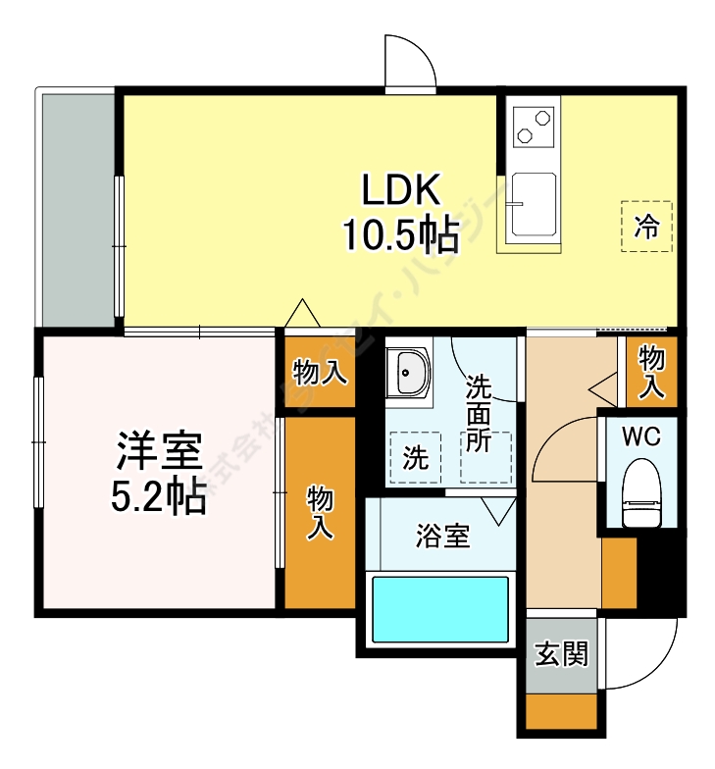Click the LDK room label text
click(x=403, y=187)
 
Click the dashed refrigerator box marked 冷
click(x=646, y=227)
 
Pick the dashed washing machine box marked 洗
click(x=415, y=458)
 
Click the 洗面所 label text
click(x=478, y=412)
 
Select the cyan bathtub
click(x=439, y=609)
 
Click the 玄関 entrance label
click(x=561, y=654)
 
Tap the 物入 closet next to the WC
click(x=651, y=372)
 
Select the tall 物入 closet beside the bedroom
click(x=320, y=513)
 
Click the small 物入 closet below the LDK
click(x=320, y=372)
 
